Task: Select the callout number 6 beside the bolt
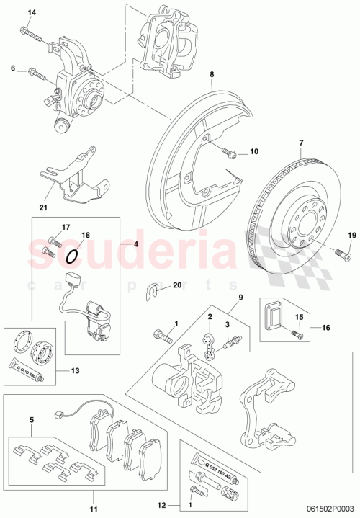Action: (12, 68)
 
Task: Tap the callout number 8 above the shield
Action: (212, 74)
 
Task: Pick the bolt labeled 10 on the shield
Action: (228, 152)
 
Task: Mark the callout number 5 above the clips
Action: (31, 419)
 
